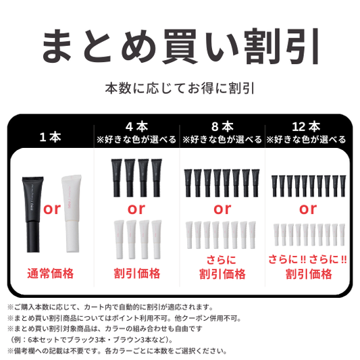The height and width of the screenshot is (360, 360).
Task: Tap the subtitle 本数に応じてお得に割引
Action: pyautogui.click(x=180, y=88)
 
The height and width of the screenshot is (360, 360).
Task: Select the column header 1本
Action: pyautogui.click(x=51, y=137)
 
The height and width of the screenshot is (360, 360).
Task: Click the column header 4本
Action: pyautogui.click(x=136, y=126)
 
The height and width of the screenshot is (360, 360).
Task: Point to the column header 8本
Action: pyautogui.click(x=222, y=126)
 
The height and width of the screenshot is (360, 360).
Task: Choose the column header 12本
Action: pyautogui.click(x=307, y=126)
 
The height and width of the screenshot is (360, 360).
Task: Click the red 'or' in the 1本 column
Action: pyautogui.click(x=51, y=208)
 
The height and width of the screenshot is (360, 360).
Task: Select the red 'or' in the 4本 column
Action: pyautogui.click(x=136, y=209)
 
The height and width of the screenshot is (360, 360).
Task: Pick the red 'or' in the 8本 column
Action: pyautogui.click(x=222, y=209)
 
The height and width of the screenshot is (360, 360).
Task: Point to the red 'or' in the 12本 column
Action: pyautogui.click(x=308, y=207)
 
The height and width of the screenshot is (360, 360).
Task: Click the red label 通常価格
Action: pyautogui.click(x=51, y=274)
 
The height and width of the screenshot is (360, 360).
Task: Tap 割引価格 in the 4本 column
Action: pyautogui.click(x=136, y=274)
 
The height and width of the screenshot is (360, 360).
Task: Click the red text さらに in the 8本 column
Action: pyautogui.click(x=222, y=260)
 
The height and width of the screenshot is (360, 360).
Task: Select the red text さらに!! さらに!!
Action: pyautogui.click(x=308, y=259)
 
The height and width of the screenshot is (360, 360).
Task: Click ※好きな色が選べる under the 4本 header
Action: pyautogui.click(x=136, y=140)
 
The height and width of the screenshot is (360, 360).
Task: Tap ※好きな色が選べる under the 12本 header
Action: pyautogui.click(x=307, y=140)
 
